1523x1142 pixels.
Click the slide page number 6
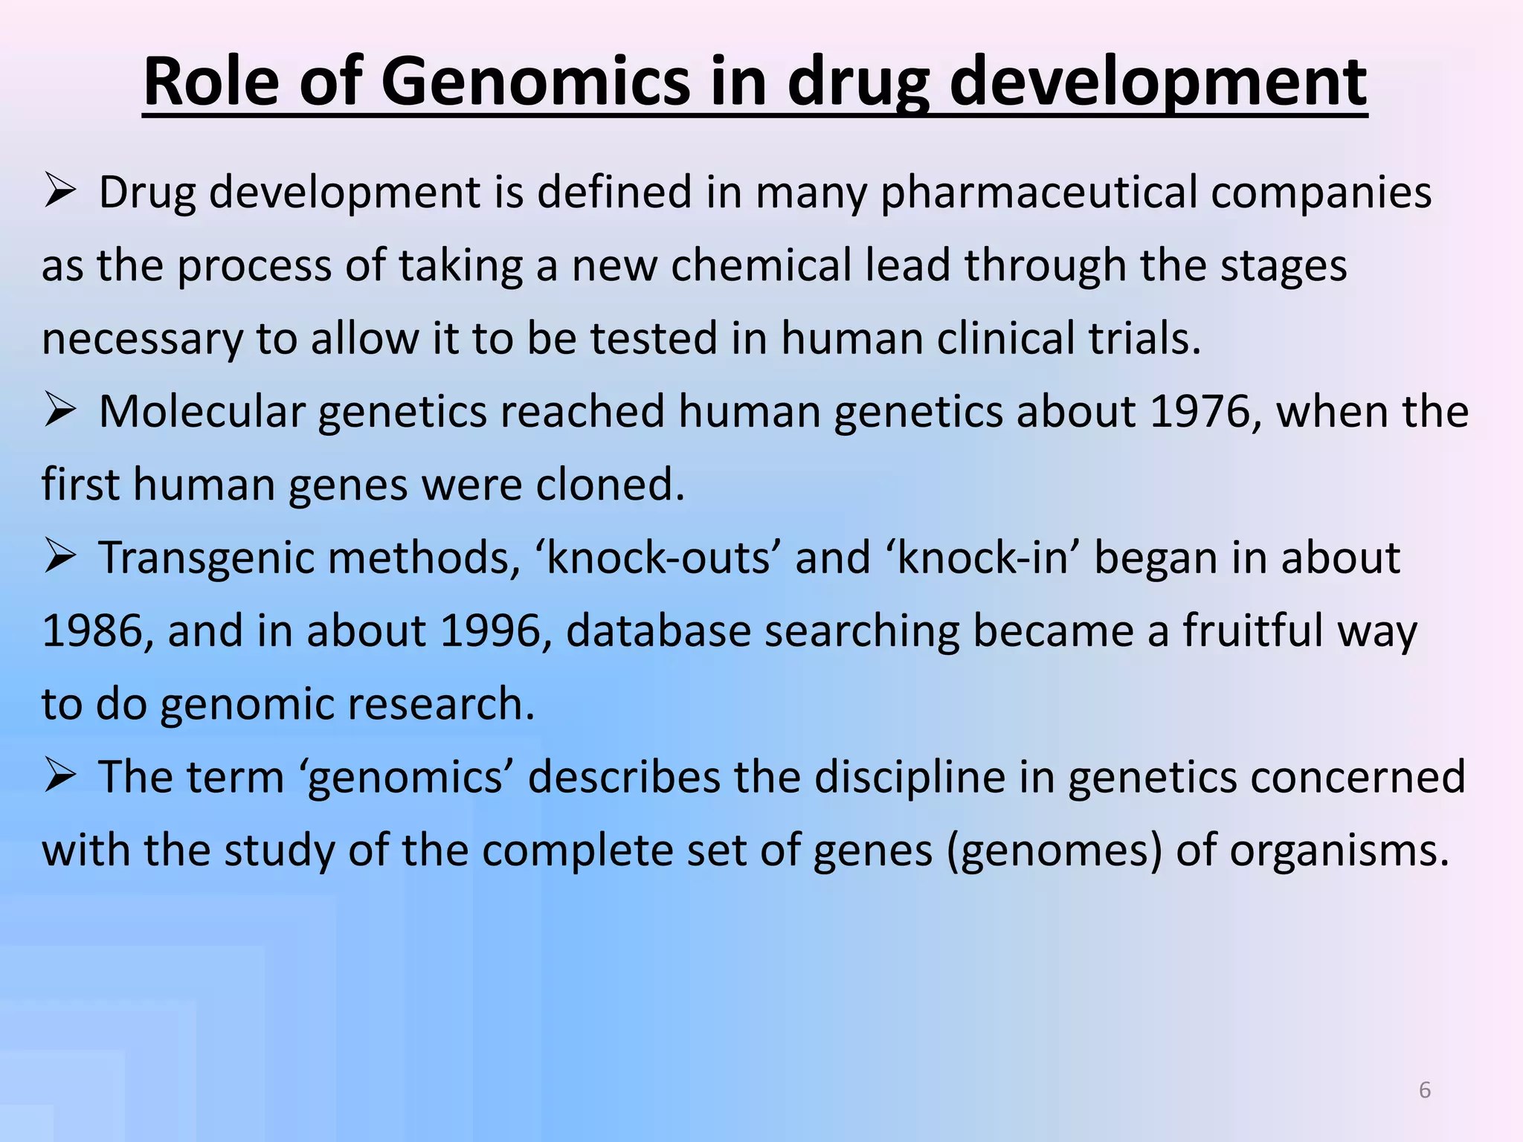[1425, 1090]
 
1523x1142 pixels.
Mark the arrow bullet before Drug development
[59, 191]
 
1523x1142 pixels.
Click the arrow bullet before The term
[59, 776]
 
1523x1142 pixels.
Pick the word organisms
[1339, 851]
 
